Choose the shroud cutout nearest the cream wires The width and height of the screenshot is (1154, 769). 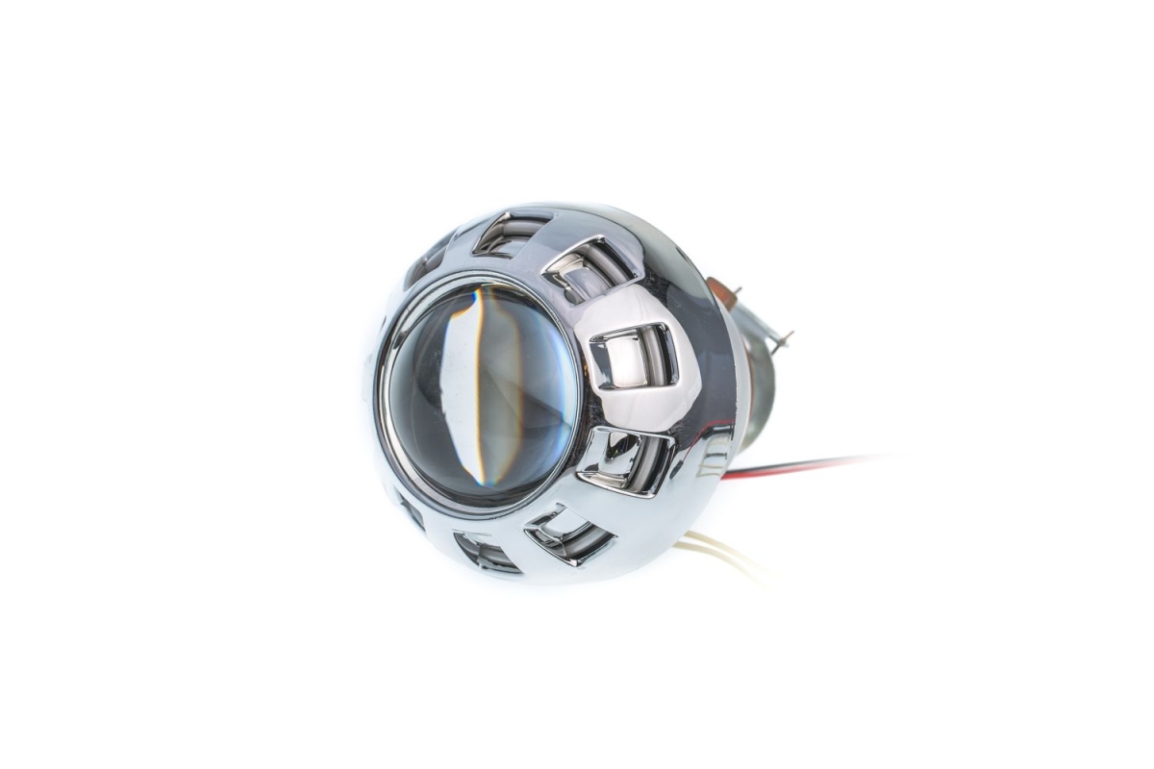coord(568,533)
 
